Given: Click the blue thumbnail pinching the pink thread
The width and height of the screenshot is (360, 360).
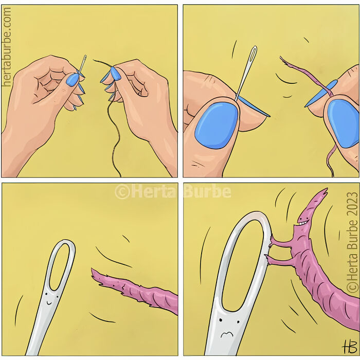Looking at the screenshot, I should click(x=343, y=122).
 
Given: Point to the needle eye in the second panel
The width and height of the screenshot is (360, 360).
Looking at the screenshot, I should click(x=252, y=57).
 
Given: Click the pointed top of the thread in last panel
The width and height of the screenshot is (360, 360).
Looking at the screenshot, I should click(x=323, y=191).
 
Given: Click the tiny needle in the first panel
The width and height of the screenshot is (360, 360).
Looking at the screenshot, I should click(x=82, y=65).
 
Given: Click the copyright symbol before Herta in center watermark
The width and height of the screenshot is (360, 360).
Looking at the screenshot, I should click(x=122, y=192).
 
